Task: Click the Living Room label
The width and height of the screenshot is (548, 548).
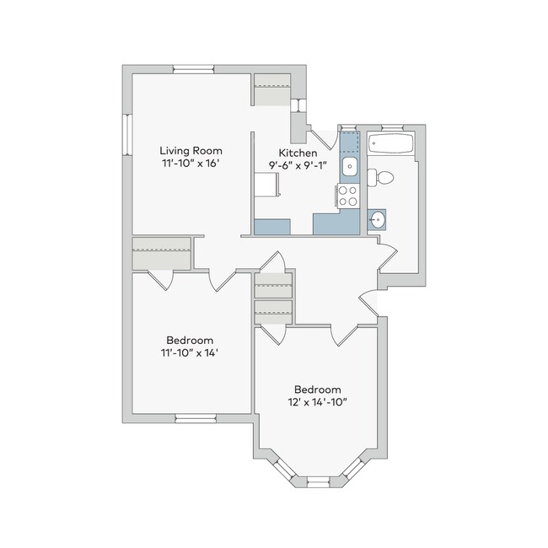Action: [191, 151]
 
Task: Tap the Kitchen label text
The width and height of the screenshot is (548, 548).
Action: [298, 153]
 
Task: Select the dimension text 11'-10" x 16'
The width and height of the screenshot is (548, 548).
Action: [191, 164]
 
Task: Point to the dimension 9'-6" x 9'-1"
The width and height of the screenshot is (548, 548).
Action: [298, 165]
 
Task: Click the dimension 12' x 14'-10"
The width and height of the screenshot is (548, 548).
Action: [317, 402]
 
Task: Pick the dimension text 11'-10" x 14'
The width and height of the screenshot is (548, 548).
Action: [190, 352]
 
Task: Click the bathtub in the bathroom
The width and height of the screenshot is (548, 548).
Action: [390, 143]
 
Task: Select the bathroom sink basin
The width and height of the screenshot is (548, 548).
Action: [377, 220]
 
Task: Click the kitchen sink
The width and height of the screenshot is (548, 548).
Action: [349, 166]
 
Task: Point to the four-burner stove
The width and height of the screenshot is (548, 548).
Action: [348, 196]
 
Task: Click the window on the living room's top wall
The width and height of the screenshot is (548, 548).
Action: [193, 69]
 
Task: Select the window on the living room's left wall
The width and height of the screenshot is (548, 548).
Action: [127, 135]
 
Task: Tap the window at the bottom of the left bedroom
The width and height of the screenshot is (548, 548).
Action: [196, 418]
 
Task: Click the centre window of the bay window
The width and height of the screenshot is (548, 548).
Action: [318, 482]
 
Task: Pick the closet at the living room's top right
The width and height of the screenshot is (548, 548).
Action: [272, 90]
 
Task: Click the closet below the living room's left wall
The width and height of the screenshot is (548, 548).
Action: [162, 254]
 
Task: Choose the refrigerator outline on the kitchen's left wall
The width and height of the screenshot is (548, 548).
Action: [266, 185]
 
